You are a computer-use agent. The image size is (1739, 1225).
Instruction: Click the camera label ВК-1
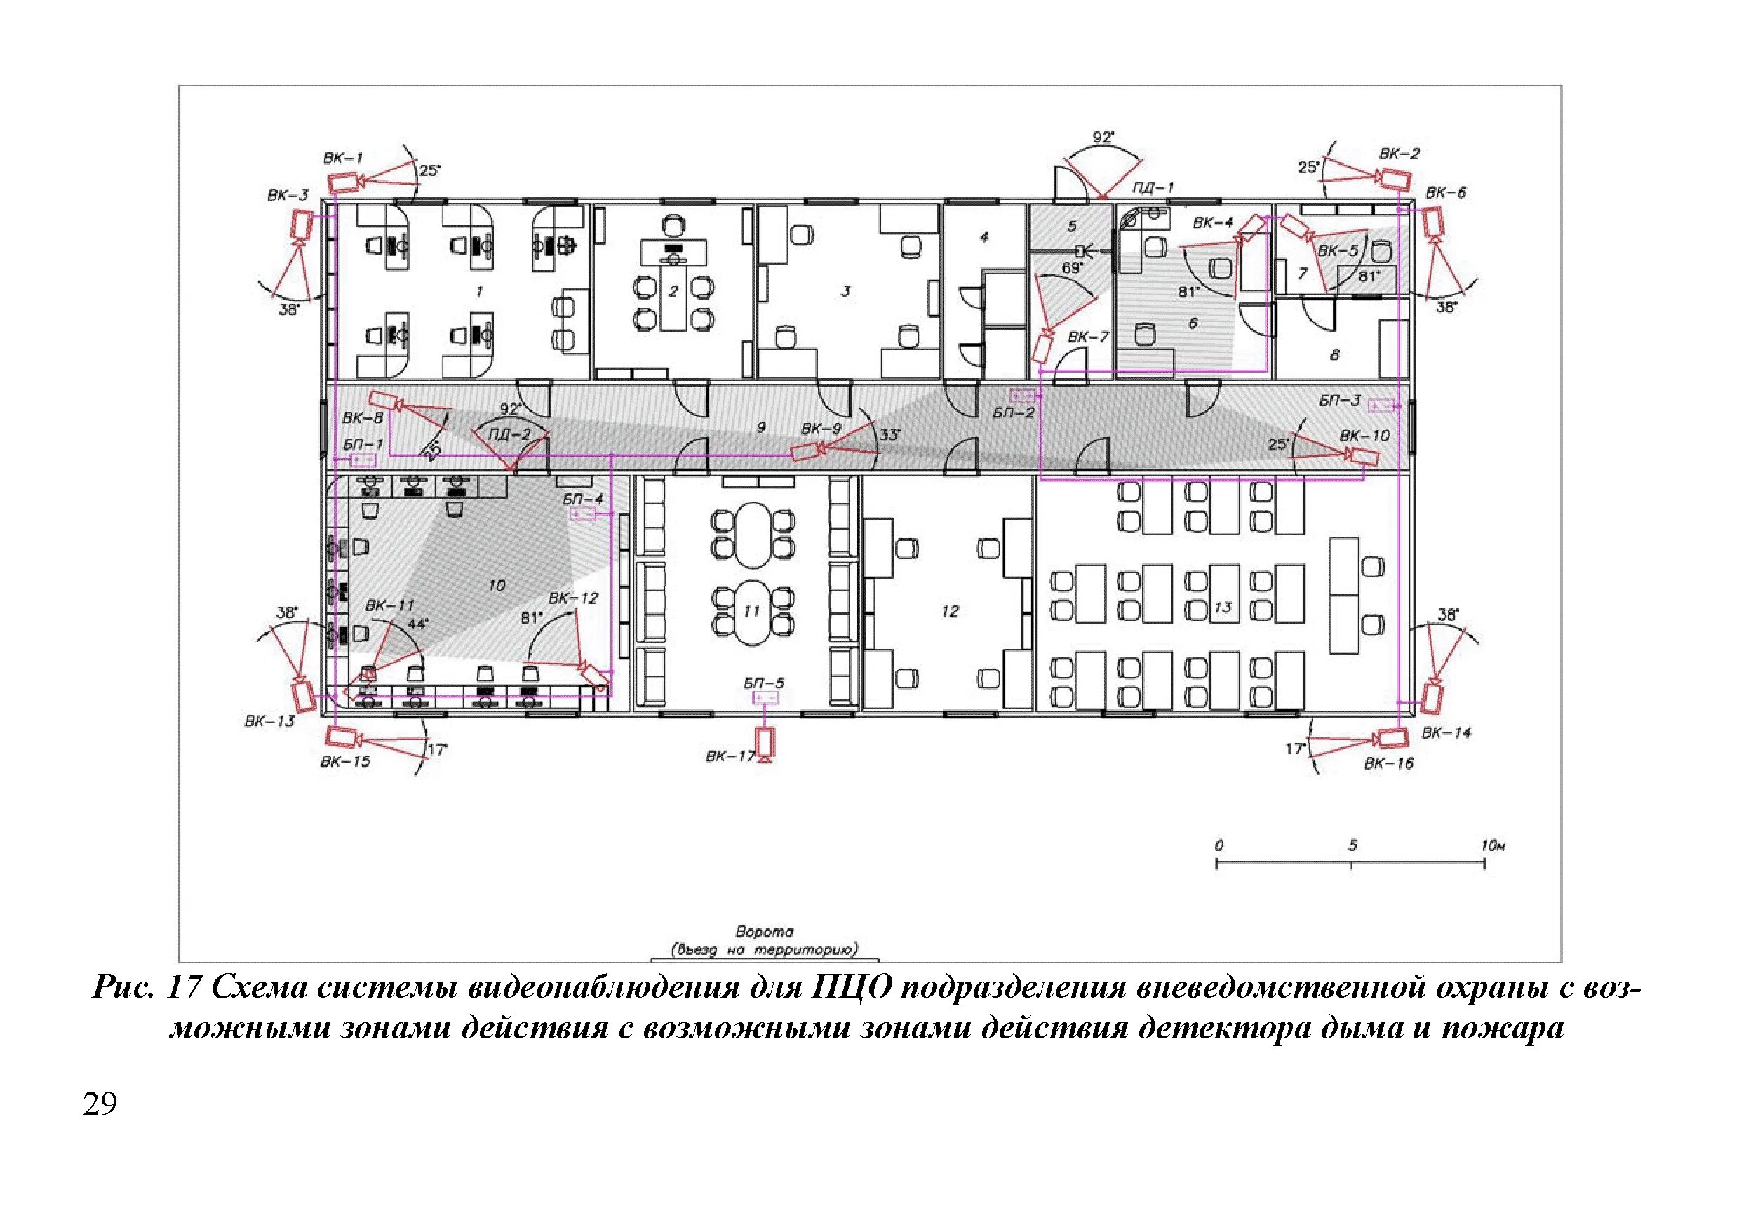click(343, 159)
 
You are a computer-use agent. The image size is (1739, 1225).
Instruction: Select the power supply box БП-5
click(766, 697)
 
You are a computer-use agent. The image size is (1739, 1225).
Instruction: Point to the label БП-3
click(1340, 401)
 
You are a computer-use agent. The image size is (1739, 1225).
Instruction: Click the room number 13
click(1223, 607)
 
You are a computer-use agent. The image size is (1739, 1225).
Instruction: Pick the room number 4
click(984, 238)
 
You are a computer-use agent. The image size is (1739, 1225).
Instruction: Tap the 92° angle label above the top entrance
click(1103, 137)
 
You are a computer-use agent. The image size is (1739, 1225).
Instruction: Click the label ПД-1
click(1153, 187)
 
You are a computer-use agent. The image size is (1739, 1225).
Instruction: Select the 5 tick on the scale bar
click(1352, 866)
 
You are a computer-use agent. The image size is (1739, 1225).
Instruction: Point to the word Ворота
click(764, 931)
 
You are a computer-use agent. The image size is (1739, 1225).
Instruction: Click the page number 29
click(100, 1104)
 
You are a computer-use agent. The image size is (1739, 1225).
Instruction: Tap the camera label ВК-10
click(1365, 436)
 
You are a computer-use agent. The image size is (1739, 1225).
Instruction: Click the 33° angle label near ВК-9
click(889, 434)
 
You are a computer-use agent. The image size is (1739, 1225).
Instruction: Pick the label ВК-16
click(1389, 763)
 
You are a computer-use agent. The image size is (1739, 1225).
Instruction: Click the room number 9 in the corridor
click(760, 427)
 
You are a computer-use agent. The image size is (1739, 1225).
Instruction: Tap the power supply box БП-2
click(1023, 396)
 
